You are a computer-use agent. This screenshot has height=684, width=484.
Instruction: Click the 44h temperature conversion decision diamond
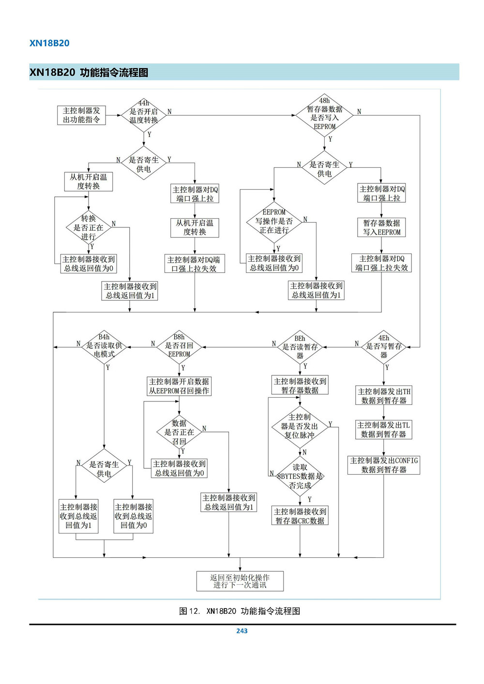pos(144,115)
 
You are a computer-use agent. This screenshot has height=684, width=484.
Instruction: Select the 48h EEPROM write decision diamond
pos(324,115)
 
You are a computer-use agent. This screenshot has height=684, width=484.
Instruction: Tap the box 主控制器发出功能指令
pos(81,115)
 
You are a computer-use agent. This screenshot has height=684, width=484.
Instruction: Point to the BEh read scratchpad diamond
pos(300,347)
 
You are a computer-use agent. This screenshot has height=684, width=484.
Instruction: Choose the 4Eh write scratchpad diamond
pos(384,347)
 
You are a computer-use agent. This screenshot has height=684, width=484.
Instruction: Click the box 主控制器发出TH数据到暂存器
pos(384,396)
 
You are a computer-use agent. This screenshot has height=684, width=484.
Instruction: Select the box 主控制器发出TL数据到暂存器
pos(383,430)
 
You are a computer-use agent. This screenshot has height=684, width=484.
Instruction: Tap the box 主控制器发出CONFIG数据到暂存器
pos(384,465)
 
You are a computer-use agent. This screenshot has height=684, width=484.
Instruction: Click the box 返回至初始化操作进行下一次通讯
pos(240,581)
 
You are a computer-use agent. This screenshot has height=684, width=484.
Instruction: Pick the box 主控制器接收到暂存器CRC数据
pos(300,516)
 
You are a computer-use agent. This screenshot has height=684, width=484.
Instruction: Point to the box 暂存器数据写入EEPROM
pos(381,227)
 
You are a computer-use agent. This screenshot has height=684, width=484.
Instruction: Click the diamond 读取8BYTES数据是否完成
pos(300,476)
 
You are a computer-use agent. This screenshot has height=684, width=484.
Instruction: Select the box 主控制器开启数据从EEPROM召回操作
pos(179,386)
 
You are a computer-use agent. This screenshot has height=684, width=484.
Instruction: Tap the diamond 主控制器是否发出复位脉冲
pos(300,426)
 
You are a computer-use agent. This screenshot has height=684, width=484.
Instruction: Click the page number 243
pos(242,631)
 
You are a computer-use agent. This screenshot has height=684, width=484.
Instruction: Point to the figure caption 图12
pos(240,611)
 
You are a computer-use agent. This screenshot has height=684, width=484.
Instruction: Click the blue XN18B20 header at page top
pos(49,43)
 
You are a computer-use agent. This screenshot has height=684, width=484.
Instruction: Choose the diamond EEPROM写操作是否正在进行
pos(274,222)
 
